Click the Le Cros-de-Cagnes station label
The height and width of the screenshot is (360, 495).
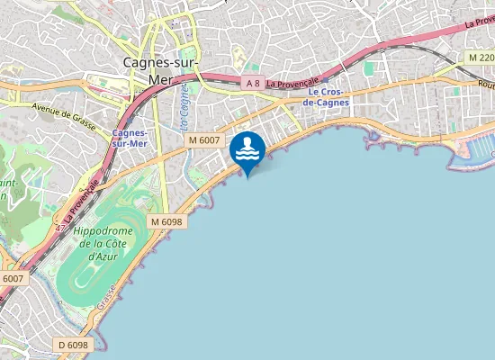coord(325,97)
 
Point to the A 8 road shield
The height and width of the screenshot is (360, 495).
coord(253,83)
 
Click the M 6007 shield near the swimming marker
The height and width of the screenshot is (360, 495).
coord(204,139)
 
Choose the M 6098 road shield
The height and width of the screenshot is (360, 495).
coord(166,221)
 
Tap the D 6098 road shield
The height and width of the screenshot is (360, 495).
coord(73,345)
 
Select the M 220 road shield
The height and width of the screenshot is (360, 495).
coord(481,57)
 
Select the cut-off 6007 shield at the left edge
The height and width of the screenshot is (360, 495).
coord(11,279)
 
